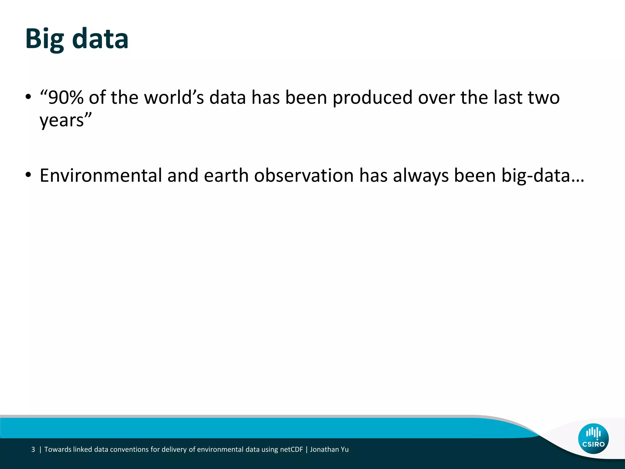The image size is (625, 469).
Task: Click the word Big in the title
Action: pos(45,39)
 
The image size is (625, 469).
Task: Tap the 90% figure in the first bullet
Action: pos(65,98)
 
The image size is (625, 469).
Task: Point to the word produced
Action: pos(372,98)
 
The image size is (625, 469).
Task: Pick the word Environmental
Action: pos(101,176)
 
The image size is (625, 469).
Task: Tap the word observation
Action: pos(304,176)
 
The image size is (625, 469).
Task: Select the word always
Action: pos(421,176)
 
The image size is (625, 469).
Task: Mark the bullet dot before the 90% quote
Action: pos(28,97)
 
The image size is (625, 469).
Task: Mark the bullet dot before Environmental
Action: pos(28,176)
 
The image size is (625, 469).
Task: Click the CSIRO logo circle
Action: pos(593,438)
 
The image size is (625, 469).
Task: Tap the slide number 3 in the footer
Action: pos(33,449)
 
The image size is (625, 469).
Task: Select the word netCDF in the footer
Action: pos(291,449)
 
